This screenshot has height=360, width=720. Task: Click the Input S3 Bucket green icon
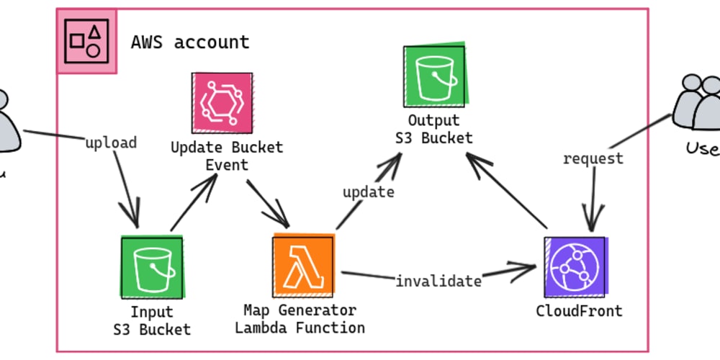click(x=152, y=267)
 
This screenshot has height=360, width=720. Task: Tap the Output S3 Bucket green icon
click(x=434, y=76)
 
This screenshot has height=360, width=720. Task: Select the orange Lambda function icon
click(x=303, y=266)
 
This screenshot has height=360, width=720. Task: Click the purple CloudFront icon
click(x=575, y=266)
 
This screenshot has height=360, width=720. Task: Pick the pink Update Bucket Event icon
click(x=222, y=103)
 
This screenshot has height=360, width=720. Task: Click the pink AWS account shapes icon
click(x=86, y=41)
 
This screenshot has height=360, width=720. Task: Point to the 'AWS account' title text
click(x=190, y=42)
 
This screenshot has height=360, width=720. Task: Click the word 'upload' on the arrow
click(x=111, y=143)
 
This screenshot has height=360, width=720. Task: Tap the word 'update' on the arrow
click(x=368, y=192)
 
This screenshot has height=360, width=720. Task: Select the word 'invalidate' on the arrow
click(x=438, y=281)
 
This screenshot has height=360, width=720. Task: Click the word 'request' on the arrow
click(x=593, y=158)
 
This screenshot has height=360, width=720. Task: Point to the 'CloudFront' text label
click(x=579, y=311)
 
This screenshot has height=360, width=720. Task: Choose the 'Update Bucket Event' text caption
click(x=227, y=156)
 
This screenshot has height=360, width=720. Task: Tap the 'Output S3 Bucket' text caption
click(x=433, y=129)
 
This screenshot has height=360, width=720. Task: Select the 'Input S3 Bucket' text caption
click(x=152, y=321)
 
